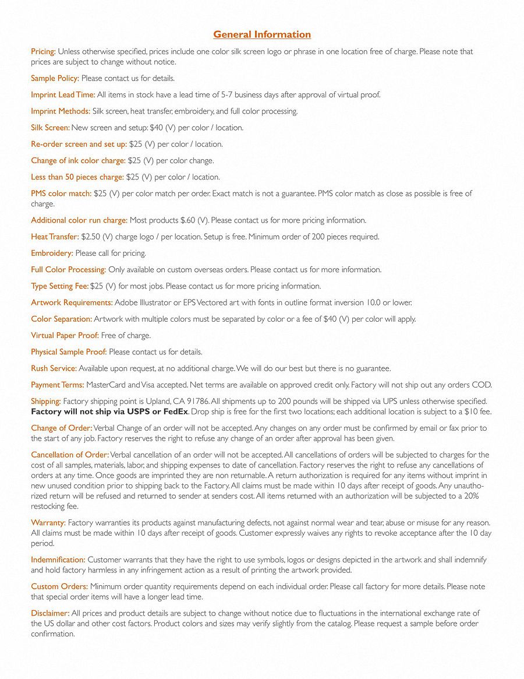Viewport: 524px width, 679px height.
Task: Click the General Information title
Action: [262, 34]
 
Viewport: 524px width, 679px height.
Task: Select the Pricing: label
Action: [43, 51]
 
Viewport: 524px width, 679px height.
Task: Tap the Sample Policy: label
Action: [55, 78]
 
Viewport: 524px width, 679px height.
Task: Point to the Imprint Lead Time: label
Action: [63, 94]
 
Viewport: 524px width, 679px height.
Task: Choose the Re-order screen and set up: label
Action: [79, 144]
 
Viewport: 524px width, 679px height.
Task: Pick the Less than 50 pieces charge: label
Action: [77, 177]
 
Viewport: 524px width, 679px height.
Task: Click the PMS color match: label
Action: [61, 193]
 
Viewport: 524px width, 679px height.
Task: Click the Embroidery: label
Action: [52, 253]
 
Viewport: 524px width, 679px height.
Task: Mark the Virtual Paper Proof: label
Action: [65, 335]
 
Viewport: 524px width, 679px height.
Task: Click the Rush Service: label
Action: [54, 368]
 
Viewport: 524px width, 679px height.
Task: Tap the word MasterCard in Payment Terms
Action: [106, 385]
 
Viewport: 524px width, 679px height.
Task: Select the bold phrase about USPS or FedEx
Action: [109, 411]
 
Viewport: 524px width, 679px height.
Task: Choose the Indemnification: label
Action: [58, 560]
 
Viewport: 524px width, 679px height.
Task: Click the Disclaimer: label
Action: [50, 613]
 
